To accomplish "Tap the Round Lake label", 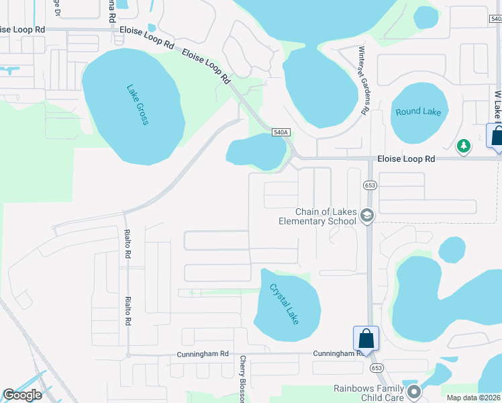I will click(x=418, y=111).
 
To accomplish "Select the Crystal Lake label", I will click(x=284, y=304).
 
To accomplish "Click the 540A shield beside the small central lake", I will click(x=281, y=133).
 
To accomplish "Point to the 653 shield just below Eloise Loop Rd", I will click(x=370, y=185).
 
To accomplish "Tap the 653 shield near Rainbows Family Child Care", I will click(x=376, y=368).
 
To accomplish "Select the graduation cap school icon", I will click(x=366, y=216).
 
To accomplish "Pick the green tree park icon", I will click(x=463, y=145).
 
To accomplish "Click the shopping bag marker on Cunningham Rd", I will click(x=366, y=339).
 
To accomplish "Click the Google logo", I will click(x=22, y=395).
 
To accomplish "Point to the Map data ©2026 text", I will click(x=473, y=398).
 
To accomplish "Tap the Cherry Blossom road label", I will click(x=243, y=379).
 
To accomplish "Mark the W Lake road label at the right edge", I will click(x=498, y=107).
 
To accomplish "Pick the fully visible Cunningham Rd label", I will click(x=203, y=353).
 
